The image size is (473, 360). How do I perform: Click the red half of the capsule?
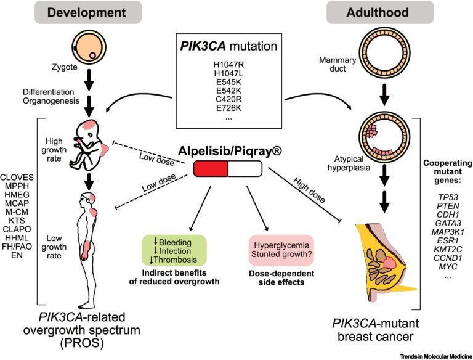211,168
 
